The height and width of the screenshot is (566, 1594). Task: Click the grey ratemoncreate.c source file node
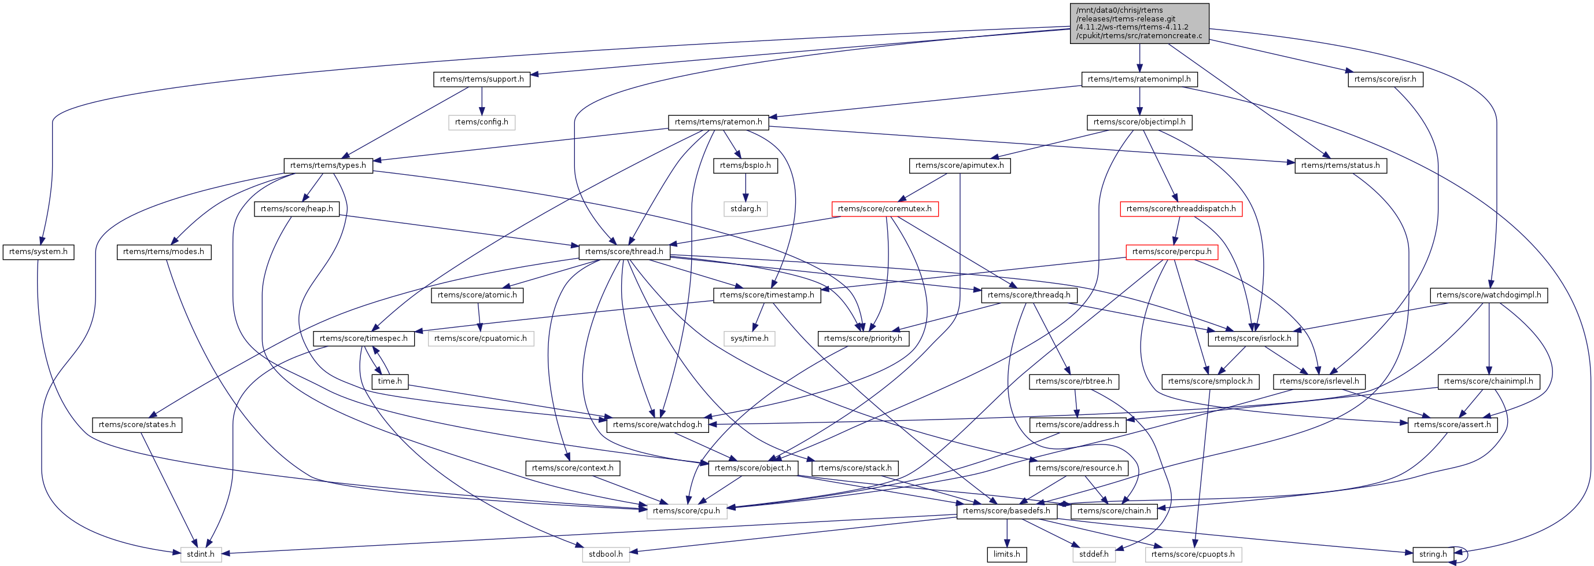point(1139,23)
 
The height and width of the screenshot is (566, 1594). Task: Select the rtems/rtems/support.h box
point(481,79)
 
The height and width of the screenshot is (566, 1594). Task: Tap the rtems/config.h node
point(481,122)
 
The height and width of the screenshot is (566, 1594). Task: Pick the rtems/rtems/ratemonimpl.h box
point(1139,79)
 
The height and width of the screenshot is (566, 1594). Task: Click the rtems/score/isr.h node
point(1385,79)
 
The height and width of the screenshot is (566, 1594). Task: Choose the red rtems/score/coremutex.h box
point(884,209)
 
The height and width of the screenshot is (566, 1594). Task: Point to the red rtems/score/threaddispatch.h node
point(1180,209)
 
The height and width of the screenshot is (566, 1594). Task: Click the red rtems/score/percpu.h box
point(1171,252)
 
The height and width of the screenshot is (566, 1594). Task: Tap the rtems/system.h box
point(38,252)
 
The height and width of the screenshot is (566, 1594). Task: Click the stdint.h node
point(201,554)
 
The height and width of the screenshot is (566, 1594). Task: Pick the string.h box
point(1433,554)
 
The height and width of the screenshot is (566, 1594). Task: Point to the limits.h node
point(1007,554)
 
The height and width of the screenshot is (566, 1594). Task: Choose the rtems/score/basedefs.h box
point(1006,511)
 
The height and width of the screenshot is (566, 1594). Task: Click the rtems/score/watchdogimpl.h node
point(1488,295)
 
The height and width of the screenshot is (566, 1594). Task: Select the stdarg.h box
point(745,209)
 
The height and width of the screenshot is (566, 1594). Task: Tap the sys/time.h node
point(749,339)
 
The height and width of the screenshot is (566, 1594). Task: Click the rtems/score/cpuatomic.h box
point(480,339)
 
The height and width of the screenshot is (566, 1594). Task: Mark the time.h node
point(390,381)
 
